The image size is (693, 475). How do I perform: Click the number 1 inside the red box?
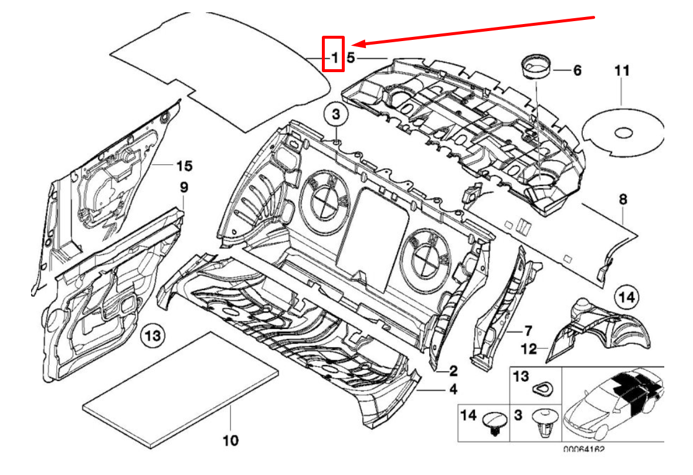(x=334, y=57)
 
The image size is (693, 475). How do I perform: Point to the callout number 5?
(x=351, y=57)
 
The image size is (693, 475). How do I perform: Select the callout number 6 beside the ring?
(x=577, y=71)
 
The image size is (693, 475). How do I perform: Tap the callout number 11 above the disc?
(x=622, y=71)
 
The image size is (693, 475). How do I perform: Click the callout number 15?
(x=184, y=167)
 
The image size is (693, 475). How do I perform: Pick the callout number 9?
(x=184, y=188)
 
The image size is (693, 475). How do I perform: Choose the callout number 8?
(x=623, y=200)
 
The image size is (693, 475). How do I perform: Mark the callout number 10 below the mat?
(x=231, y=440)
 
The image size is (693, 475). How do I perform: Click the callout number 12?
(x=529, y=350)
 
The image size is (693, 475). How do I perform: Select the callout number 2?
(x=453, y=371)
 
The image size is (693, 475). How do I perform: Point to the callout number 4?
(x=453, y=389)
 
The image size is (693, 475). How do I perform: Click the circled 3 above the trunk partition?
(x=335, y=115)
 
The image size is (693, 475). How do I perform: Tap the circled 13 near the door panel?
(x=152, y=337)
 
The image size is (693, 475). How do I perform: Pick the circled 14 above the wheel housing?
(x=627, y=297)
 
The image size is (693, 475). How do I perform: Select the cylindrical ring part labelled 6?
(x=536, y=65)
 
